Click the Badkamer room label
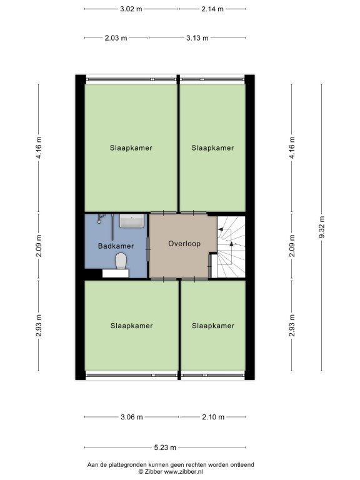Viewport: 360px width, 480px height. (116, 246)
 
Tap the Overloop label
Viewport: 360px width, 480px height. (184, 244)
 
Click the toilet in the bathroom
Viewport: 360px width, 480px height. (121, 261)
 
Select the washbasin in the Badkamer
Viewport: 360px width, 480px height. (132, 221)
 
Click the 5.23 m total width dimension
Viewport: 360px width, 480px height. (165, 447)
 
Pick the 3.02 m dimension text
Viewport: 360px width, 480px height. (131, 9)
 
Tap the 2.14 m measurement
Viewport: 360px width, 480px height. (212, 9)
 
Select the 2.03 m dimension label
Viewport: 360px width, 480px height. (116, 38)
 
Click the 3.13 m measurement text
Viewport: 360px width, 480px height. (197, 38)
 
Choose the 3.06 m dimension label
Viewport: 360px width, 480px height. (132, 417)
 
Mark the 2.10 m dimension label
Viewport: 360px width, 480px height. (213, 417)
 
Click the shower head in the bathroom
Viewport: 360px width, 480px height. (99, 219)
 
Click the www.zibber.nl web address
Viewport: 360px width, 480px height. (184, 472)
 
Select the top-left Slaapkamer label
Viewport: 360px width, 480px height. (131, 148)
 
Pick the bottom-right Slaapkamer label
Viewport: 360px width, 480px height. (213, 326)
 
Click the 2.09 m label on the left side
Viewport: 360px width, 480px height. (39, 246)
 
